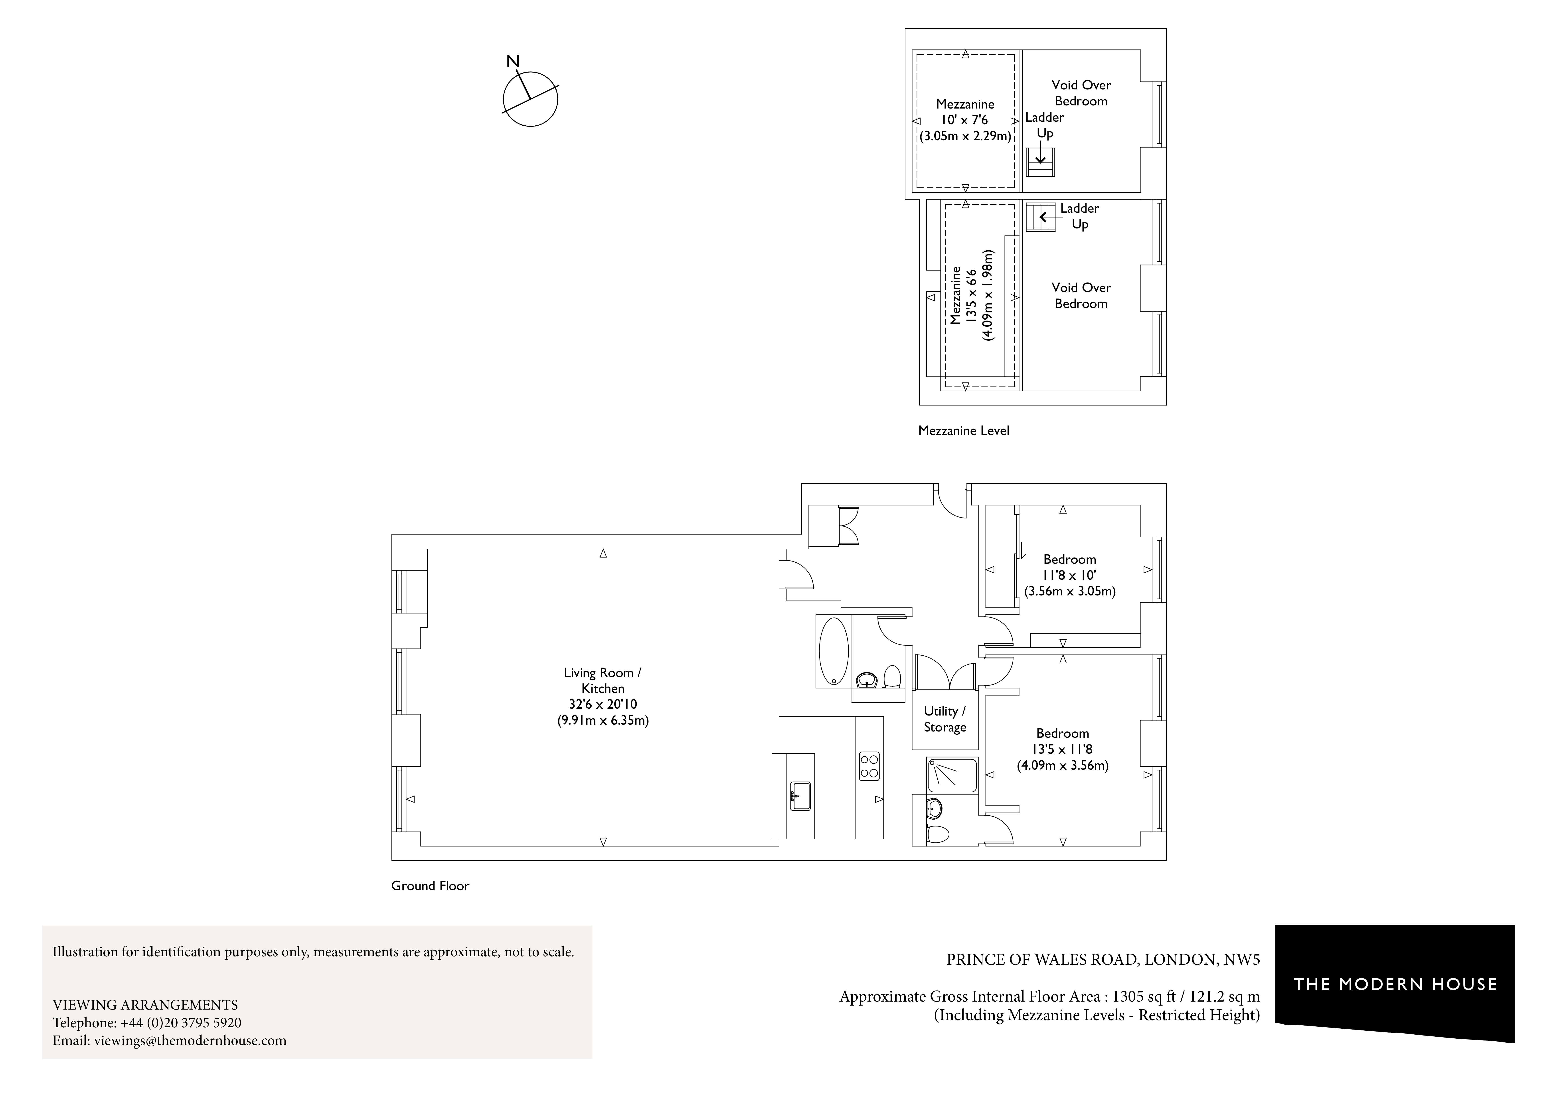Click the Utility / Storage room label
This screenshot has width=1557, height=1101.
coord(945,719)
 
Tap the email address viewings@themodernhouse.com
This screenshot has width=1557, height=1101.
coord(190,1041)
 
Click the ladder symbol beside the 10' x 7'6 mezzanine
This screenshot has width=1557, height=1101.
coord(1040,161)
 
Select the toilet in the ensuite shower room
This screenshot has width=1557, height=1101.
coord(938,833)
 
